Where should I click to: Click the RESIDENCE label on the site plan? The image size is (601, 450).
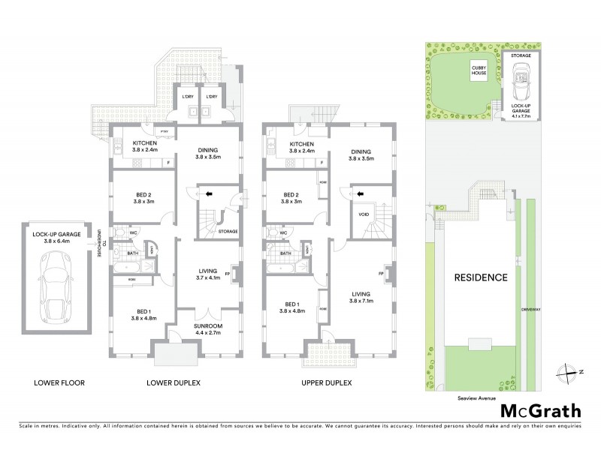coord(481,277)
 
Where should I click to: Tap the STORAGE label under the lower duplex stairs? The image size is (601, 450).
coord(228,231)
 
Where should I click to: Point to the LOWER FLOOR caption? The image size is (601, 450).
coord(59,382)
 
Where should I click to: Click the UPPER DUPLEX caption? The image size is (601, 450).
coord(326,382)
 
